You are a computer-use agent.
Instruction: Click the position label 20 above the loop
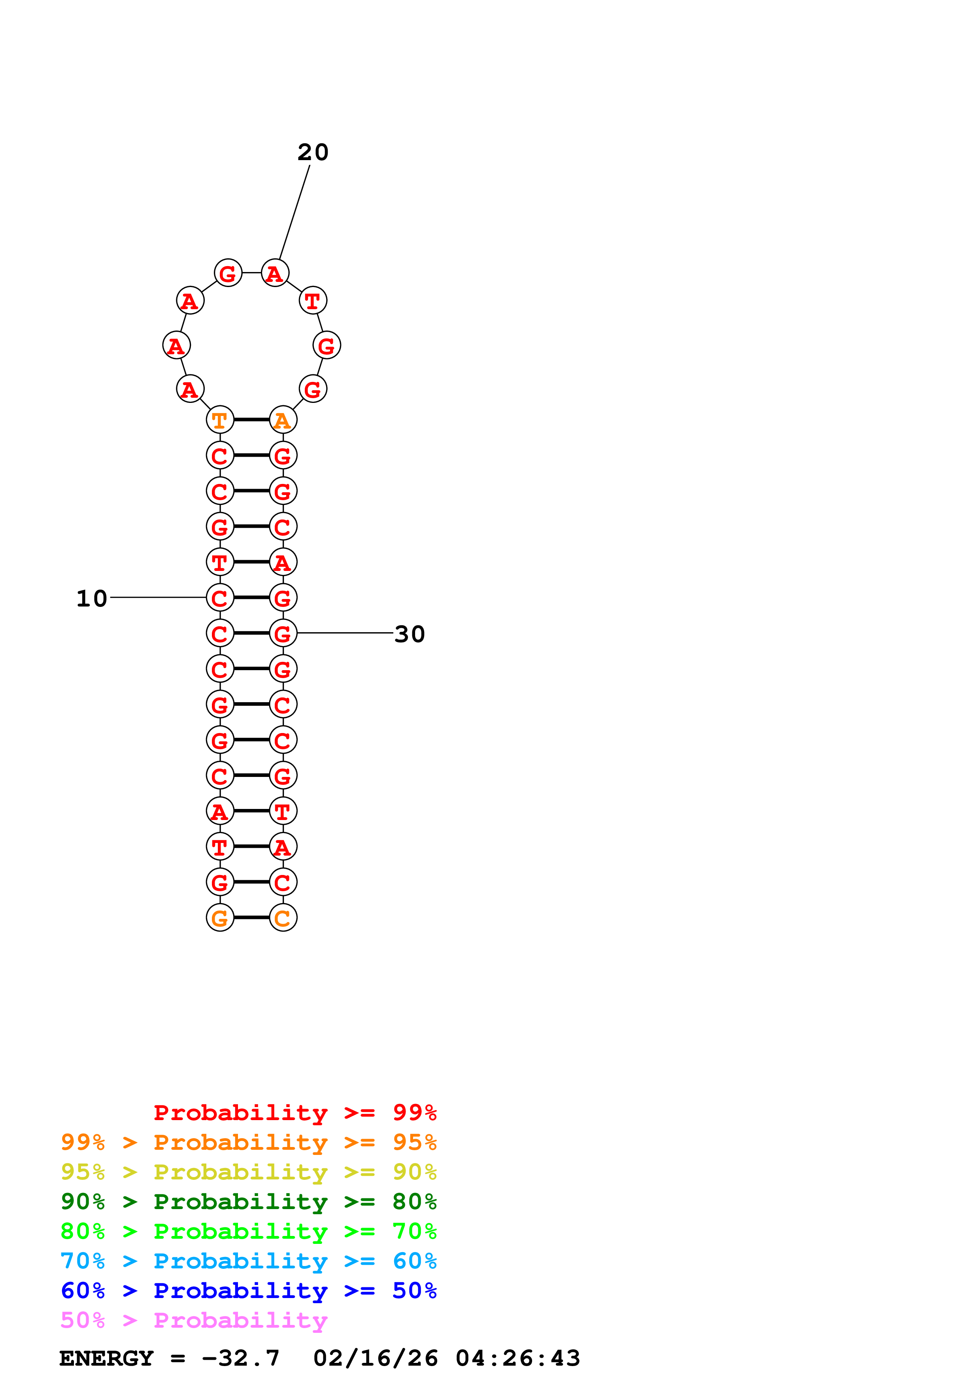(x=313, y=152)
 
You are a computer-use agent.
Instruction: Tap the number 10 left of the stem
(x=92, y=599)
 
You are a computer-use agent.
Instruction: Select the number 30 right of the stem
(x=410, y=634)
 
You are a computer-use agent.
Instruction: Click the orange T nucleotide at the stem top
(x=220, y=420)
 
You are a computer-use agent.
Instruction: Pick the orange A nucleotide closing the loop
(x=283, y=420)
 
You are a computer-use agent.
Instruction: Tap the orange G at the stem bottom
(x=220, y=918)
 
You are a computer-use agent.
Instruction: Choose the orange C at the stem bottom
(x=283, y=918)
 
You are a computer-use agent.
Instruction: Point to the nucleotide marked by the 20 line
(x=275, y=273)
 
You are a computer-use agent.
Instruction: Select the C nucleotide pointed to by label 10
(x=220, y=598)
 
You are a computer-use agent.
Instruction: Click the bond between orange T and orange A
(x=251, y=419)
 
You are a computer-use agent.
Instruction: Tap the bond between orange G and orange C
(x=251, y=917)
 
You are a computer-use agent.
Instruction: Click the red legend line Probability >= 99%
(x=295, y=1112)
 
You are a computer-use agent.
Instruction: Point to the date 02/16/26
(x=376, y=1359)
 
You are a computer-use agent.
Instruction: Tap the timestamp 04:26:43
(x=517, y=1359)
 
